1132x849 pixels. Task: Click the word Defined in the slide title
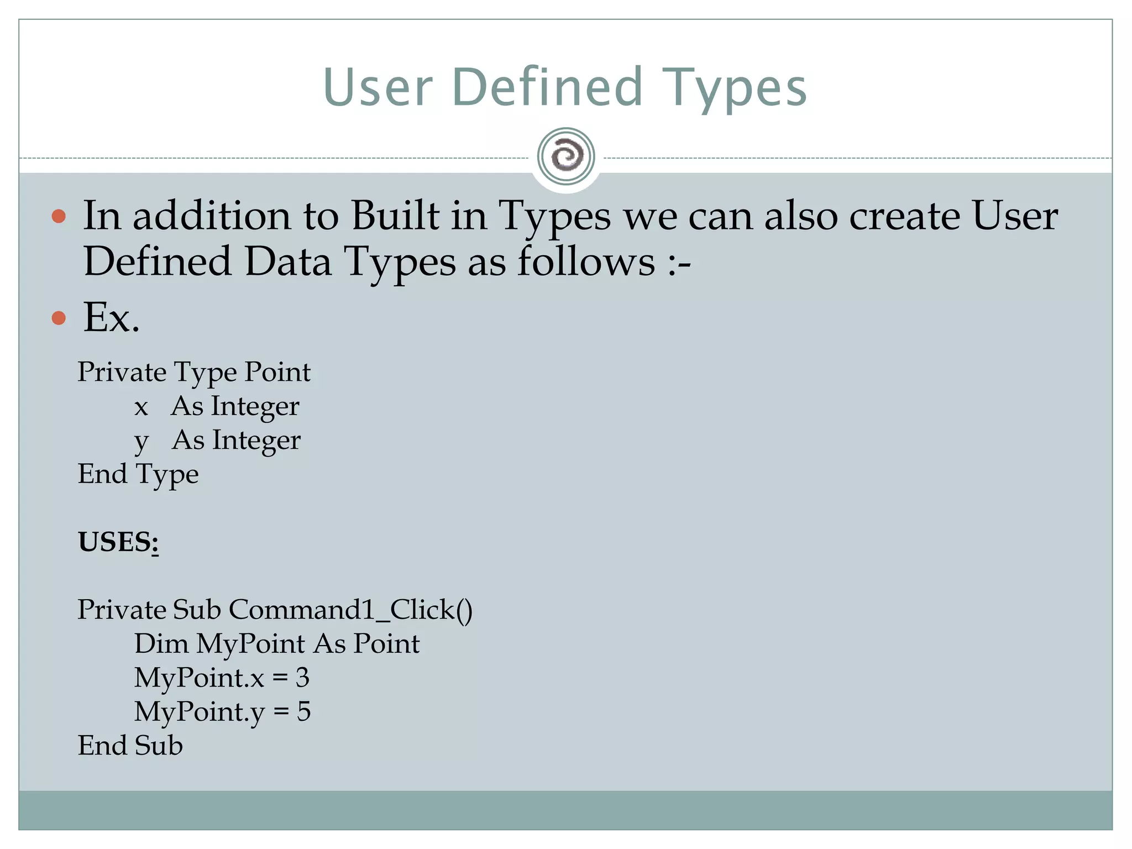pos(547,87)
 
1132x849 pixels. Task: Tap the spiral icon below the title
pos(566,156)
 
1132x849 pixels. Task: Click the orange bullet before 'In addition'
pos(59,216)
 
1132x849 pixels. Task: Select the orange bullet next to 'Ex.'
pos(59,318)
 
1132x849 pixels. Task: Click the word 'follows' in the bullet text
pos(586,261)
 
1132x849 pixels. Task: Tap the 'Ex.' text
pos(111,318)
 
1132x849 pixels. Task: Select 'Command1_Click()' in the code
pos(350,610)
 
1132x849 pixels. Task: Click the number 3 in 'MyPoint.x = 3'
pos(302,678)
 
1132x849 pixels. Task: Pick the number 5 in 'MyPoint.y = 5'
pos(303,711)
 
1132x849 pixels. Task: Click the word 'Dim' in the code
pos(161,644)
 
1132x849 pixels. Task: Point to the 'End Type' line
pos(138,474)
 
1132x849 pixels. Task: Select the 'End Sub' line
pos(130,746)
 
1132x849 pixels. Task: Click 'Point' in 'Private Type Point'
pos(277,372)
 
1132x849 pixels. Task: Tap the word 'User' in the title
pos(378,87)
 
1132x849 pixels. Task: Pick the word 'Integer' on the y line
pos(256,441)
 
